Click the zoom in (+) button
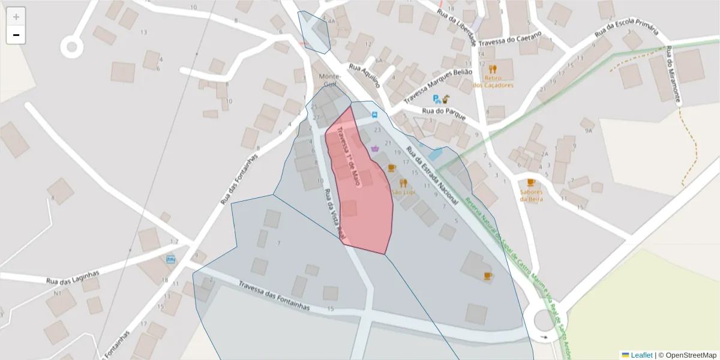16,16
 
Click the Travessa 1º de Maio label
348,155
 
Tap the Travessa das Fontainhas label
274,296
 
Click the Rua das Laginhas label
73,277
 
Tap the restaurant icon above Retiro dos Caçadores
493,69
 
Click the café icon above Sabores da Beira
530,182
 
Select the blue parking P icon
437,99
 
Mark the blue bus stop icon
375,114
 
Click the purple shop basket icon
375,148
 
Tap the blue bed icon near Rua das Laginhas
171,260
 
